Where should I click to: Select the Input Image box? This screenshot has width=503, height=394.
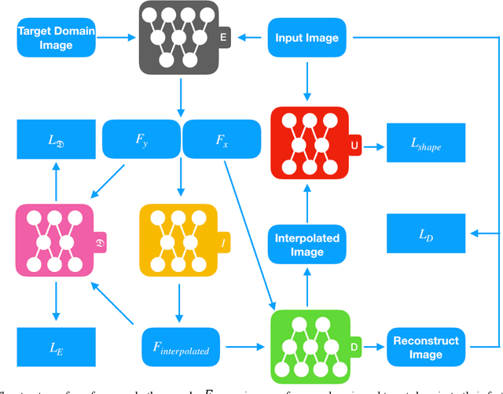point(307,38)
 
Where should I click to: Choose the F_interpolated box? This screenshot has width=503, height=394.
point(181,344)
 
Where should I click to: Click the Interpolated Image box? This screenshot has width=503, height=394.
point(307,244)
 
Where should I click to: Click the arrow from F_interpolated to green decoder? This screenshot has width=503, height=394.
point(244,344)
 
